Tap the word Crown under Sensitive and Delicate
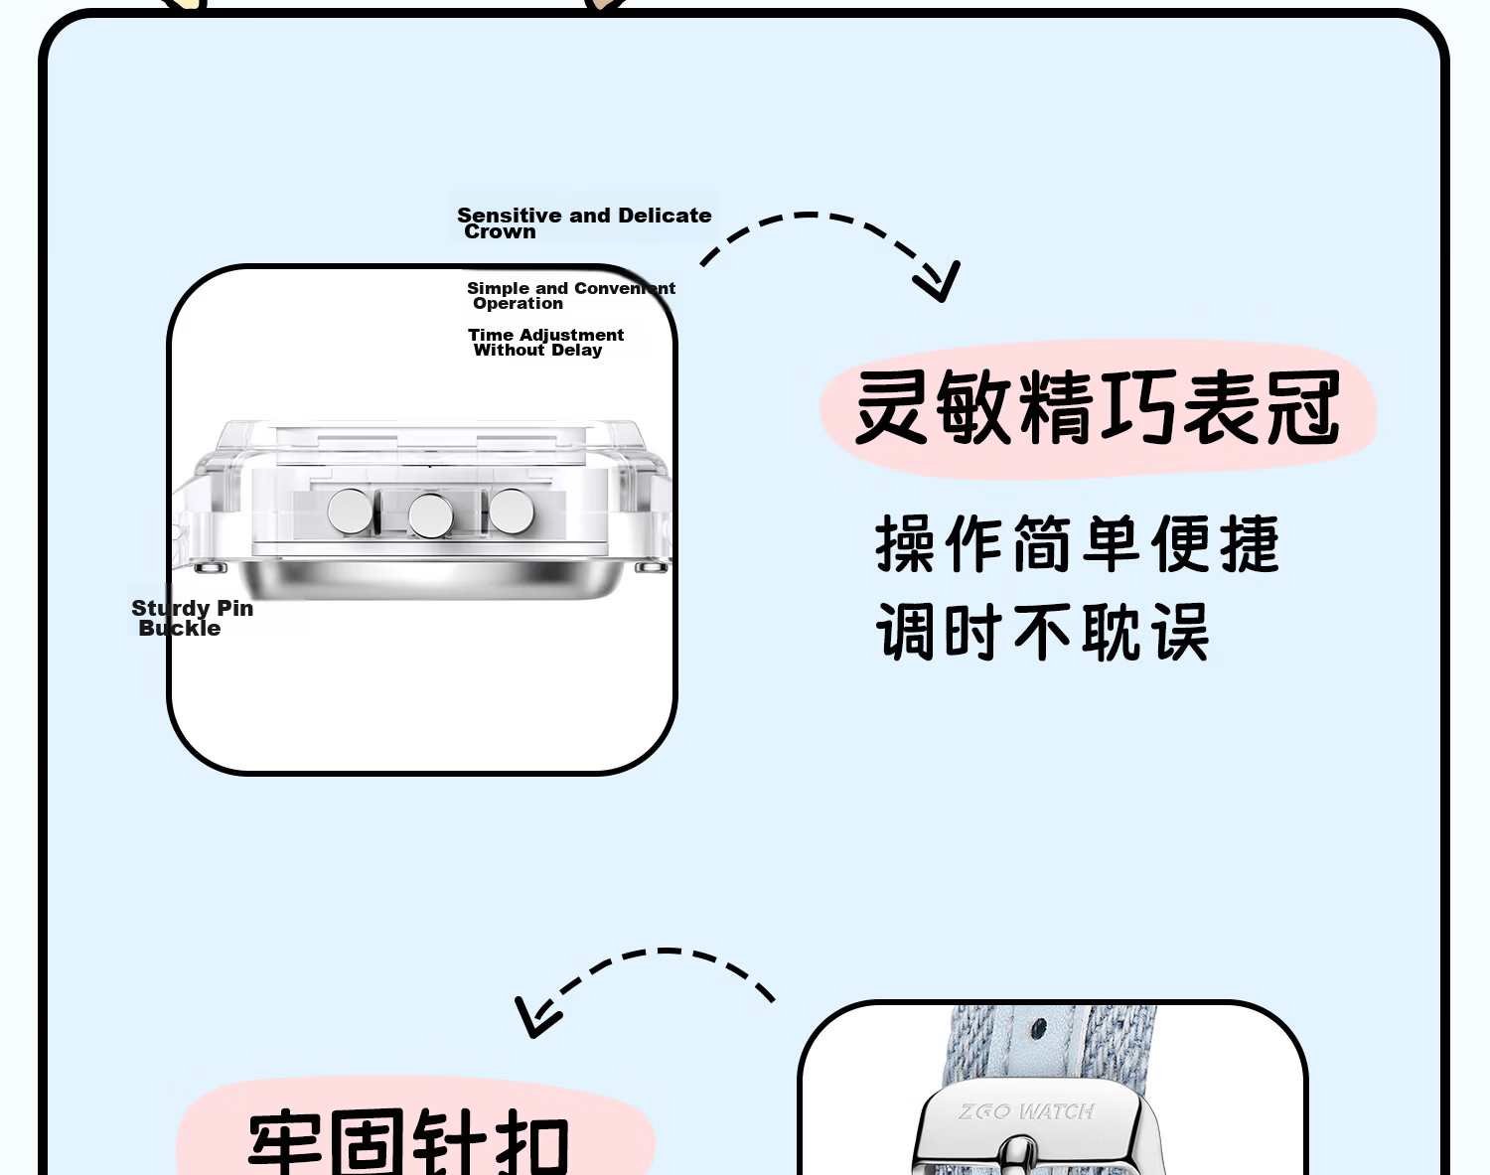[500, 232]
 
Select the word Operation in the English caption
[518, 303]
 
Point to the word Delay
[577, 351]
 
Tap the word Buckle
[180, 628]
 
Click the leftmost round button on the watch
[350, 512]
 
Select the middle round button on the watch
[431, 515]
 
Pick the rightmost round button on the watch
[512, 511]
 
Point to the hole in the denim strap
[1039, 1030]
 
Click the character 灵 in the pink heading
[891, 406]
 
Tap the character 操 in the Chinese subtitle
[905, 543]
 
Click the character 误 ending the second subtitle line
[1180, 632]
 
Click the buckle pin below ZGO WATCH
[1018, 1155]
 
